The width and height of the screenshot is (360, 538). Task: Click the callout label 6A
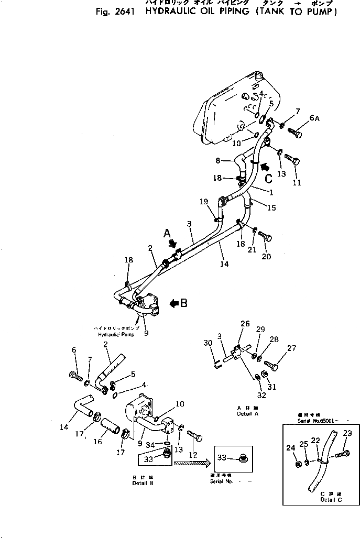coord(314,119)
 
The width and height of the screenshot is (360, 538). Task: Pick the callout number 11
coord(297,182)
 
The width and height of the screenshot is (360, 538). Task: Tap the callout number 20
coord(266,257)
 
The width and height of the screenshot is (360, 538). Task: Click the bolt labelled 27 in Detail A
coord(269,364)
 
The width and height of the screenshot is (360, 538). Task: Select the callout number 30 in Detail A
coord(208,343)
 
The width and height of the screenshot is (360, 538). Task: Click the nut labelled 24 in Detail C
coord(296,463)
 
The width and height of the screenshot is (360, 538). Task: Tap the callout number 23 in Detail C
coord(347,433)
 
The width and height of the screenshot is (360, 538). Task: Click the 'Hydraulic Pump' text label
coord(113,334)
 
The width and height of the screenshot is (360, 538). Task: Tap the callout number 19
coord(203,201)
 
